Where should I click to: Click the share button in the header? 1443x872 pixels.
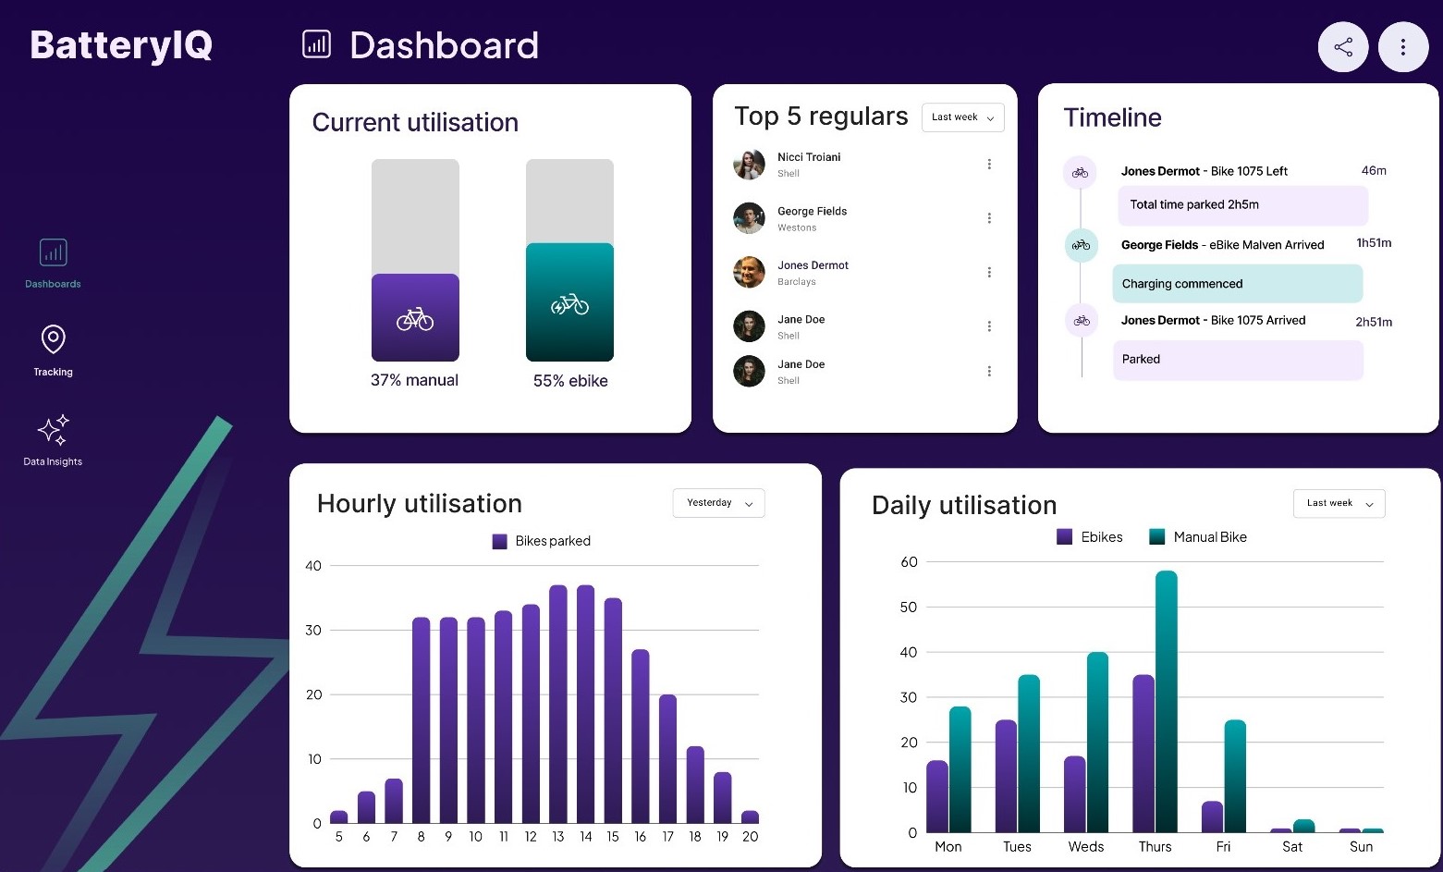[1342, 47]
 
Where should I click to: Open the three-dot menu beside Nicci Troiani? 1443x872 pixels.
[989, 165]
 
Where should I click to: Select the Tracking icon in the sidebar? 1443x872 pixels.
[53, 340]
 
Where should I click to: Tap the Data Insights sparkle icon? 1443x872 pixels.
[53, 430]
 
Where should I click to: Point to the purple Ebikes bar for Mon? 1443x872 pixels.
[937, 796]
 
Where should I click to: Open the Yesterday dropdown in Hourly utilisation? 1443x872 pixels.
[718, 503]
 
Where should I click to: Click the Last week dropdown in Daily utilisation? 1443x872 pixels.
[1339, 503]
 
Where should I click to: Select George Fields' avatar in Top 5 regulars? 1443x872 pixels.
[749, 218]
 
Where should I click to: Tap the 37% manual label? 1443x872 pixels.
[414, 380]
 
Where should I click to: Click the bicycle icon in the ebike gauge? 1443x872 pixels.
[569, 304]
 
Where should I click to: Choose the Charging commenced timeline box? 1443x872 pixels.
[1237, 284]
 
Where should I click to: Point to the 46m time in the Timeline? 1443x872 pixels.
[1374, 171]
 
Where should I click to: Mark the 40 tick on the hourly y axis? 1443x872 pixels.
[313, 566]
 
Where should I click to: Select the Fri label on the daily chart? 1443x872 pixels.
[1223, 847]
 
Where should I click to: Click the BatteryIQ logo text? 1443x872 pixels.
[121, 44]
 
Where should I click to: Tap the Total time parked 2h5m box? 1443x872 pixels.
[1242, 205]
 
